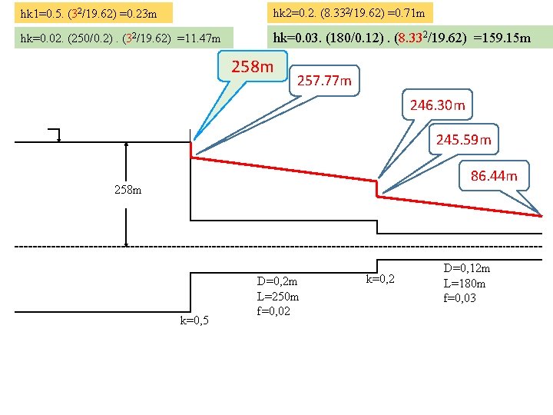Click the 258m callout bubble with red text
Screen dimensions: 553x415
(252, 67)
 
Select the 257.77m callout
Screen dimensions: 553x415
(324, 80)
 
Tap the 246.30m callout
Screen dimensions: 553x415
(437, 105)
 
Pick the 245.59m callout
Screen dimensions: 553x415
(463, 140)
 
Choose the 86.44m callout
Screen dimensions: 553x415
(494, 176)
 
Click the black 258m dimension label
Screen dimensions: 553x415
(127, 189)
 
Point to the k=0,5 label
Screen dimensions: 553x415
(194, 320)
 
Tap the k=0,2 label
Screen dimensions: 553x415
(380, 279)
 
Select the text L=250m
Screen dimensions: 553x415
(277, 296)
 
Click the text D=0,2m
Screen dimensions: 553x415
(276, 282)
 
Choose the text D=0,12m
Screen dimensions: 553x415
(466, 268)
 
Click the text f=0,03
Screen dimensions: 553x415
(459, 297)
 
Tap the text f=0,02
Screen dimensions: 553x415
(273, 310)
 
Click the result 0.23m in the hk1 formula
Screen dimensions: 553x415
(141, 13)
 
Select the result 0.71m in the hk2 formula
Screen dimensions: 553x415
(409, 12)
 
